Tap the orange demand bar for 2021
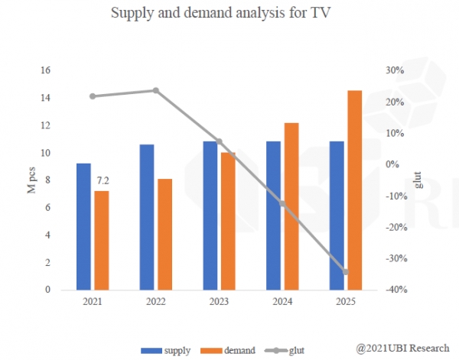tap(101, 240)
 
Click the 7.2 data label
tap(101, 181)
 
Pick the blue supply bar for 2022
tap(147, 217)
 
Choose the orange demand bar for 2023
tap(228, 221)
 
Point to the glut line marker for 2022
tap(156, 90)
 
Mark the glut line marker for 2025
tap(345, 272)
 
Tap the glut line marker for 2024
tap(282, 204)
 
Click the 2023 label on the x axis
tap(219, 302)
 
